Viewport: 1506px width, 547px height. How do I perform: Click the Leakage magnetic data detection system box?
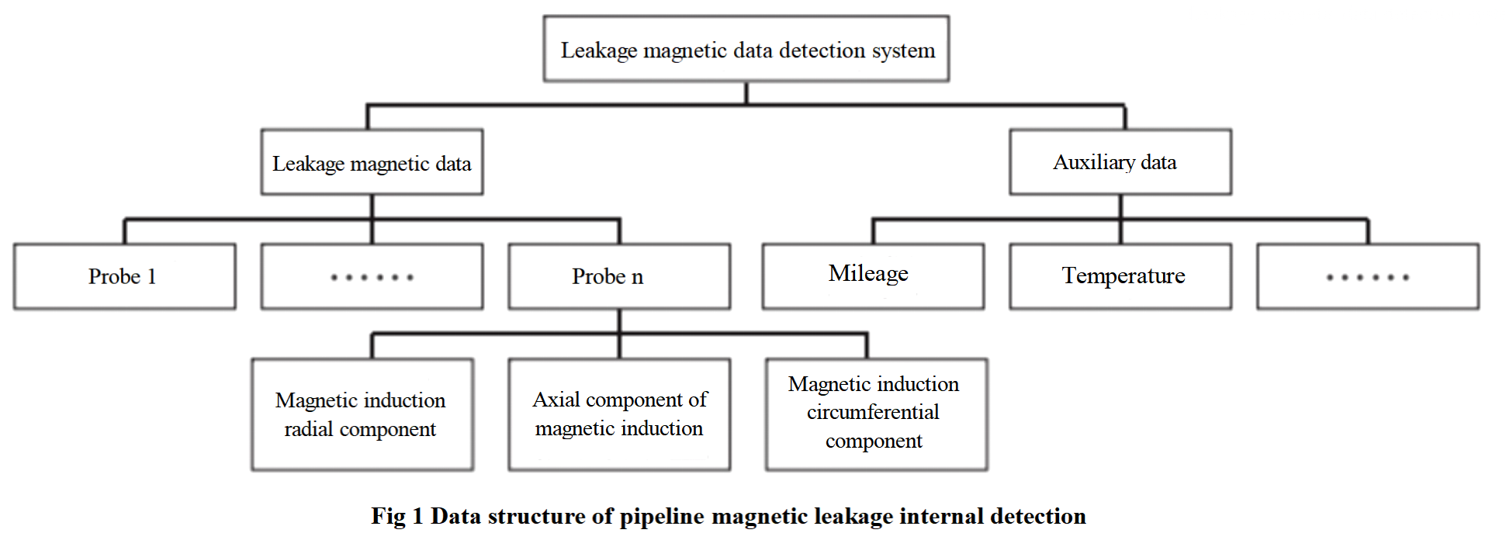tap(746, 49)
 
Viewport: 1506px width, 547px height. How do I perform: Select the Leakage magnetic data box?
tap(372, 162)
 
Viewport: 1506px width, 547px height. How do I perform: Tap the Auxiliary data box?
tap(1120, 161)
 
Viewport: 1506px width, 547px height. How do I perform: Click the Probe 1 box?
tap(124, 276)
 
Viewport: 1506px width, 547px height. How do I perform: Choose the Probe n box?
tap(618, 276)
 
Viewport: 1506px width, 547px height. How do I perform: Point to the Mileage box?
tap(873, 275)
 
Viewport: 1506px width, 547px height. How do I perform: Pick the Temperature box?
tap(1120, 275)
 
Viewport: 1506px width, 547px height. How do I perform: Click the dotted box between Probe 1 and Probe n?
tap(372, 276)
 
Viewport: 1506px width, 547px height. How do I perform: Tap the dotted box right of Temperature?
tap(1367, 276)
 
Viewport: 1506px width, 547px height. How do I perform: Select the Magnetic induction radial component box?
tap(362, 414)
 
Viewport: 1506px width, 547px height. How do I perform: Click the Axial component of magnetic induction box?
tap(618, 414)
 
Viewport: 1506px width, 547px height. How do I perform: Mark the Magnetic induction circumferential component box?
tap(876, 414)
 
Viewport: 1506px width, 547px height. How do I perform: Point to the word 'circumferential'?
tap(873, 412)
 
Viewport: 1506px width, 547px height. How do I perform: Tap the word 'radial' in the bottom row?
tap(308, 429)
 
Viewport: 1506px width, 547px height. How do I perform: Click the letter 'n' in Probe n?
tap(637, 278)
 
